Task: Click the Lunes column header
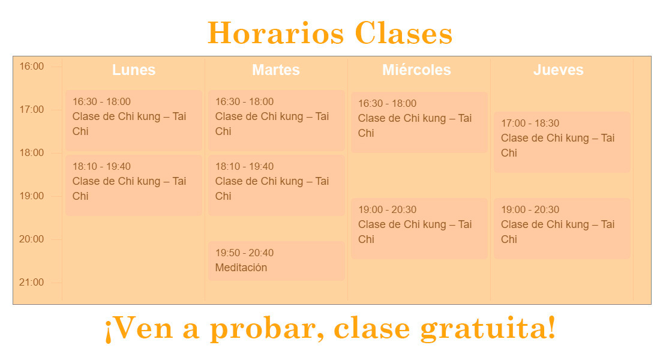click(133, 70)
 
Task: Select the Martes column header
click(276, 70)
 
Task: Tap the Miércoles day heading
click(416, 70)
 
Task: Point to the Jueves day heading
click(558, 70)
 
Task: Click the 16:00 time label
click(32, 67)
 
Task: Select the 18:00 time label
click(32, 153)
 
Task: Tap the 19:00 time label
click(32, 196)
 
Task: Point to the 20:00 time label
click(32, 239)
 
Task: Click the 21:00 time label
click(32, 283)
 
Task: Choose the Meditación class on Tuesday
click(276, 261)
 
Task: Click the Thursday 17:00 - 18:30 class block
click(562, 142)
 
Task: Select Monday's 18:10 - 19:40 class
click(133, 185)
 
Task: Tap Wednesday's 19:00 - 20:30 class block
click(419, 229)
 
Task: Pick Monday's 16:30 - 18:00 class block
click(133, 121)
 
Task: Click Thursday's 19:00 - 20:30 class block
click(562, 229)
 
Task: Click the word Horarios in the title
click(276, 33)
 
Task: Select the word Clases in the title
click(404, 33)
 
